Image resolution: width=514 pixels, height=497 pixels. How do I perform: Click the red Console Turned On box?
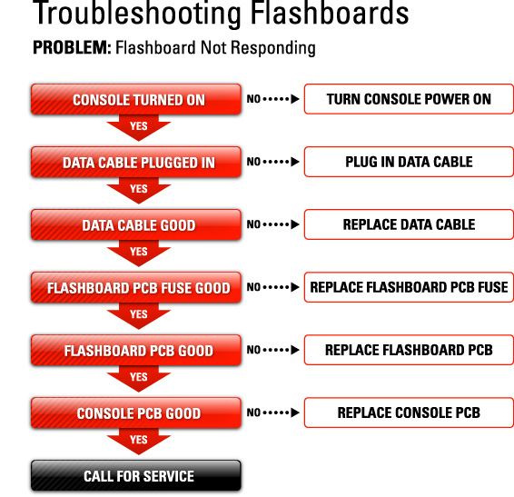click(136, 99)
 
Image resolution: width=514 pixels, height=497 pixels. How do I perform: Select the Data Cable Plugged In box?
click(136, 162)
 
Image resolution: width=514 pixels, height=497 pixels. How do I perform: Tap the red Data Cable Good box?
click(136, 224)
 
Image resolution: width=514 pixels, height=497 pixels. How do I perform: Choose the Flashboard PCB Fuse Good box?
click(136, 287)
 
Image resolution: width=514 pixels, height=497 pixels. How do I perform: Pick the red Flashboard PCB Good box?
click(136, 350)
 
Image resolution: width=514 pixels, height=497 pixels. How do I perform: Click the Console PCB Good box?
click(136, 413)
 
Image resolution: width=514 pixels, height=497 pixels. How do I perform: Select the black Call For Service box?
click(136, 476)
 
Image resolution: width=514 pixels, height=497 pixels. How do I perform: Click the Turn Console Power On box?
click(409, 99)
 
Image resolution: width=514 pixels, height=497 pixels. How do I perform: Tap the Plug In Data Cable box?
click(409, 162)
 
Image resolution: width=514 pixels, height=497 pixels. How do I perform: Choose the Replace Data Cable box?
click(409, 224)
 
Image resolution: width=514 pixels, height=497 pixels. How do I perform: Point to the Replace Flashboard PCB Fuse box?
click(409, 287)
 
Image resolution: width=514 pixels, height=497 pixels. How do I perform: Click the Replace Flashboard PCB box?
click(409, 350)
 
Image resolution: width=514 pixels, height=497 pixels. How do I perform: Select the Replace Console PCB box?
click(409, 413)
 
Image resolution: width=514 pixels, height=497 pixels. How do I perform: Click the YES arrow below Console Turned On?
click(139, 127)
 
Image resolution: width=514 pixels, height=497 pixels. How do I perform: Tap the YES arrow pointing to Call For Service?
click(139, 441)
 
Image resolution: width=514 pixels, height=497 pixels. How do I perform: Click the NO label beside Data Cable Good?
click(253, 224)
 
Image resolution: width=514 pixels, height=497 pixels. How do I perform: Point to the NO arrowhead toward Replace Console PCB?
click(295, 413)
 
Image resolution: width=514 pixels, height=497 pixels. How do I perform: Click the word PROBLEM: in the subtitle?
click(72, 47)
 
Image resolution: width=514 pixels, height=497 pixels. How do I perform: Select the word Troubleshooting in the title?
click(137, 15)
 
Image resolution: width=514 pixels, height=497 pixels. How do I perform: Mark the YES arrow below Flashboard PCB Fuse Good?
click(139, 315)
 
